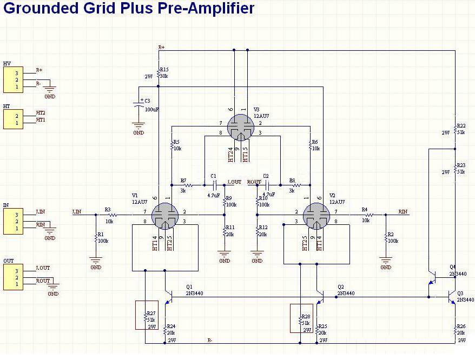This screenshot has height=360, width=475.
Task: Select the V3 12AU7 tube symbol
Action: point(241,128)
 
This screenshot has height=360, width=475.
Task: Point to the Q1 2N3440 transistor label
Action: point(193,291)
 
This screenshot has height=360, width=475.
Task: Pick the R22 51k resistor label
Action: point(460,129)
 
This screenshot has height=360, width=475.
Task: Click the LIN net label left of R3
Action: point(77,212)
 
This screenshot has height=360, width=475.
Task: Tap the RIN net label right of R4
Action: point(403,212)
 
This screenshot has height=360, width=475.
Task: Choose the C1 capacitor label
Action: point(213,176)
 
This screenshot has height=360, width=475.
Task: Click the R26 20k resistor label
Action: point(461,330)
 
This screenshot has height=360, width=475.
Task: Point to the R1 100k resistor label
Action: point(102,238)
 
